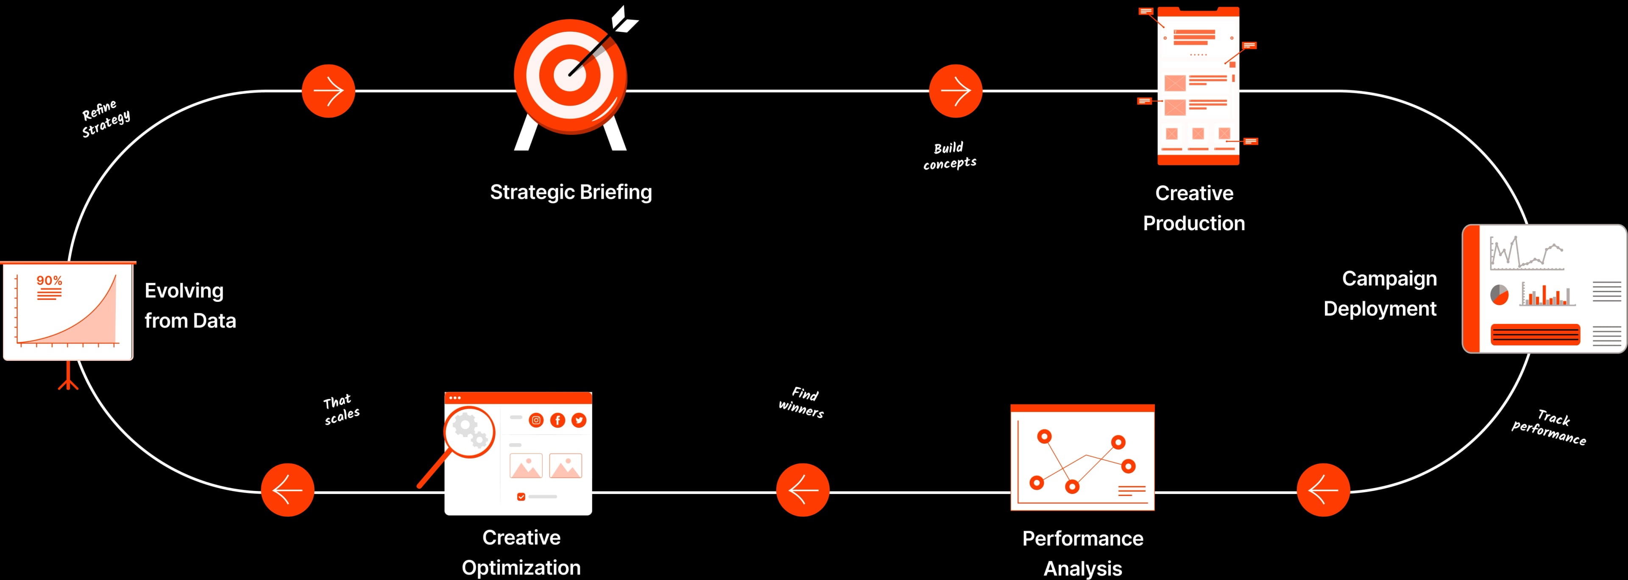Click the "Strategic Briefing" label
(571, 192)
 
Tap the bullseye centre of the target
(571, 74)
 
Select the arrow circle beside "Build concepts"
(956, 91)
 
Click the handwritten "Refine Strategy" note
(106, 117)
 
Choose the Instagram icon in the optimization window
(536, 420)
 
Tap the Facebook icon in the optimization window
(558, 420)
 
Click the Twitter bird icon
(579, 420)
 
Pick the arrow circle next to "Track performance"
(1323, 490)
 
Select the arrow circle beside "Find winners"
(803, 490)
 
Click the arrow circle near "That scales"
(287, 490)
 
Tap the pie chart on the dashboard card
(1500, 294)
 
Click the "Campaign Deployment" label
(1380, 293)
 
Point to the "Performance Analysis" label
(1083, 553)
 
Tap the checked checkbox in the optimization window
(521, 496)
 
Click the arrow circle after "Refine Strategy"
(329, 91)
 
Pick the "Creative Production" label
(1194, 208)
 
